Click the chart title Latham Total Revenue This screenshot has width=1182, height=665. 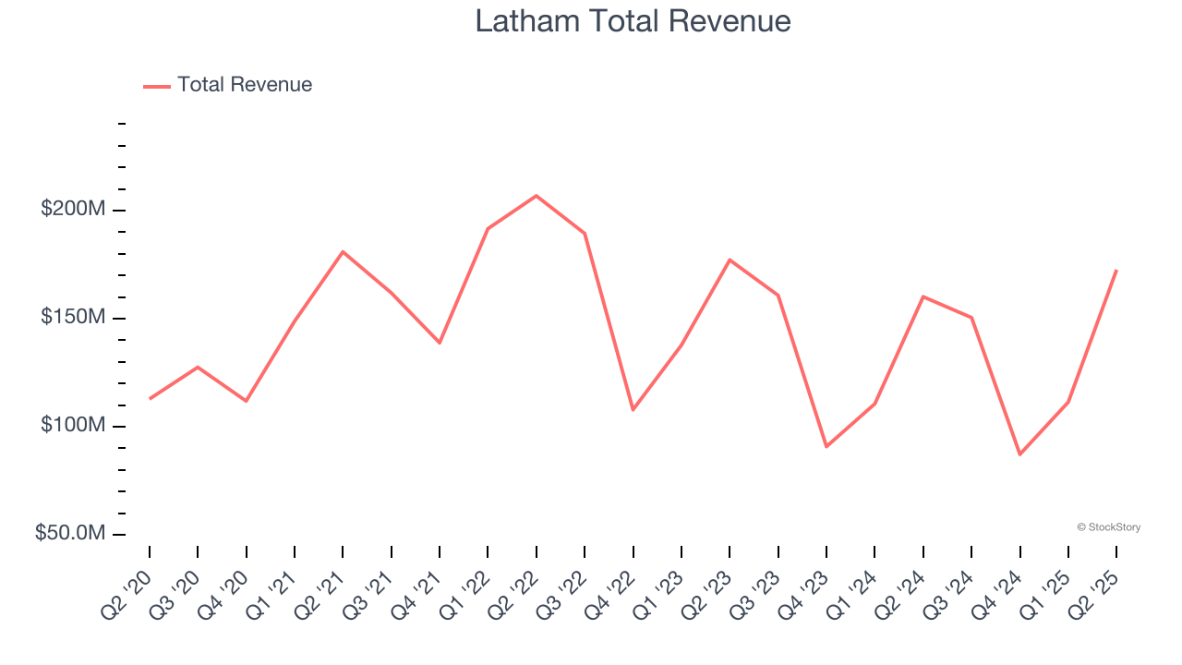click(633, 21)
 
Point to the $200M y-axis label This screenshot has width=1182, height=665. click(73, 210)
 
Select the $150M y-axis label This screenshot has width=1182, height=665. click(73, 318)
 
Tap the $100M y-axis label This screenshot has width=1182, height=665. click(73, 426)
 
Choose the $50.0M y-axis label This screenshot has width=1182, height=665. click(70, 534)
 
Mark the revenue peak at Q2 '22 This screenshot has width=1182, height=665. click(537, 196)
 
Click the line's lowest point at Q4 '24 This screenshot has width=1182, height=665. click(1020, 454)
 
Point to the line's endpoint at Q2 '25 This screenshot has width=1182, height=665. click(1116, 271)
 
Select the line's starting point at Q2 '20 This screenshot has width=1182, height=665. click(150, 398)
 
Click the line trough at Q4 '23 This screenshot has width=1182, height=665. click(826, 447)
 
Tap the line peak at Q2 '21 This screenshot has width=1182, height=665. click(343, 251)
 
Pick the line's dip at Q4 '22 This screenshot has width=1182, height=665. click(633, 410)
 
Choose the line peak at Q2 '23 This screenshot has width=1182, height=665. click(730, 260)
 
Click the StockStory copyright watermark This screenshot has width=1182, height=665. click(1108, 527)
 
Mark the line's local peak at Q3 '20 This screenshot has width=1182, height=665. click(198, 367)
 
